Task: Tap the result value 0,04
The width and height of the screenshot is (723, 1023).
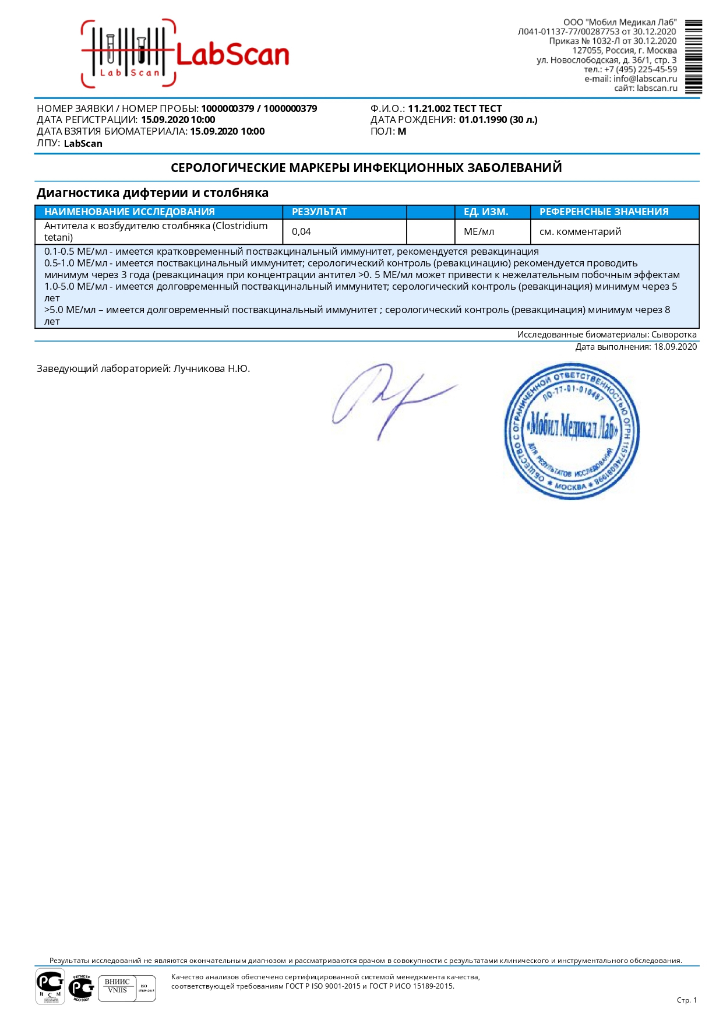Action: (301, 231)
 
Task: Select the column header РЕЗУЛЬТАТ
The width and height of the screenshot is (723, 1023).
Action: (319, 212)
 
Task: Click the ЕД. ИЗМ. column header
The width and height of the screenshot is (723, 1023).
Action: (486, 212)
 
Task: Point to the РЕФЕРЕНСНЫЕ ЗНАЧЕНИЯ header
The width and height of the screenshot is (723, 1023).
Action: (604, 212)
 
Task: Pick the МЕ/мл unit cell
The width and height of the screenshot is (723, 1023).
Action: (479, 231)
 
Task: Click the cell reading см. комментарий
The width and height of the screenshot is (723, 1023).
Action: (580, 231)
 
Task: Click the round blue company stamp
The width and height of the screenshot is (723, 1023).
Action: (571, 431)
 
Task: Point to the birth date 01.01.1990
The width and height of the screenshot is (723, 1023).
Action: (483, 119)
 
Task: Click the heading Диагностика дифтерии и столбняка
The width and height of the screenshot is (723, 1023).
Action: (153, 193)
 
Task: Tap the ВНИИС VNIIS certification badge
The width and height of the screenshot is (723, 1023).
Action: (127, 988)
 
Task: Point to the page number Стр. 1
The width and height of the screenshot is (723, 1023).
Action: (686, 1000)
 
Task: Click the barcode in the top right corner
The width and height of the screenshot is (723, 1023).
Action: (693, 57)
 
